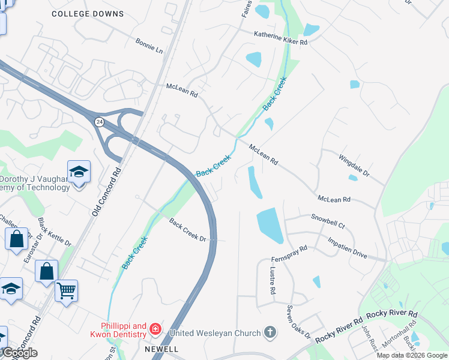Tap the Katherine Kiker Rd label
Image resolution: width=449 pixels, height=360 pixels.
click(280, 38)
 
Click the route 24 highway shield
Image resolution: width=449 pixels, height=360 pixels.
click(99, 122)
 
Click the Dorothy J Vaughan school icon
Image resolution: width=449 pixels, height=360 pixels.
click(79, 173)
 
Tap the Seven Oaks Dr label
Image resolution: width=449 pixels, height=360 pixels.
click(298, 326)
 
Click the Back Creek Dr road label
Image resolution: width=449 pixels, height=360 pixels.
click(187, 230)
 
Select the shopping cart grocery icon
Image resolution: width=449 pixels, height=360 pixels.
click(66, 291)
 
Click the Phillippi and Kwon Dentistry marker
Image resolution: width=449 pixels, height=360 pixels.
click(155, 328)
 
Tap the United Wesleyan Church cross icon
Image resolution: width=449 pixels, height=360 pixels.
click(270, 332)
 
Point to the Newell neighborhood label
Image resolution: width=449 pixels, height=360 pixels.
click(161, 349)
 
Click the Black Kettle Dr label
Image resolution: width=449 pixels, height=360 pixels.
click(55, 233)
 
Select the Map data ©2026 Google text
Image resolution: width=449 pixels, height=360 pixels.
click(412, 355)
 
